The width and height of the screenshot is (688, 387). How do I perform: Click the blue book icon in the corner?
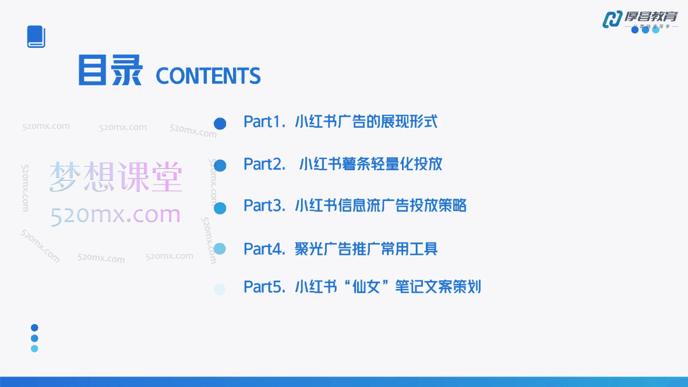click(36, 37)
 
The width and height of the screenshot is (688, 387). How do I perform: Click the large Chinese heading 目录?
click(111, 71)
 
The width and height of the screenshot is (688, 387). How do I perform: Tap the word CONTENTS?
click(208, 76)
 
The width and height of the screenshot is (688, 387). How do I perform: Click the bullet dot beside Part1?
click(220, 124)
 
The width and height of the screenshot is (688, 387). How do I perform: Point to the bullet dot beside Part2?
click(220, 166)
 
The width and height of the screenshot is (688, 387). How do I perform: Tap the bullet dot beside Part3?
click(220, 207)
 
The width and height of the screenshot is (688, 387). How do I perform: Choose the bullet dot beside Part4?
click(220, 249)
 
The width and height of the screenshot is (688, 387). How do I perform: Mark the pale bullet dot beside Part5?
click(220, 289)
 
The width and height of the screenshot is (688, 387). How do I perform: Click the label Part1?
click(264, 122)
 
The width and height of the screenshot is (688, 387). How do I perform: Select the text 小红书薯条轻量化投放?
click(371, 164)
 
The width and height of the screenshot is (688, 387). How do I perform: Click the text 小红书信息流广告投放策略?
click(381, 206)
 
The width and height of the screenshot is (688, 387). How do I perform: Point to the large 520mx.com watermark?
click(116, 216)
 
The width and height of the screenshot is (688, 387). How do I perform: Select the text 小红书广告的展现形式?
click(366, 122)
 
